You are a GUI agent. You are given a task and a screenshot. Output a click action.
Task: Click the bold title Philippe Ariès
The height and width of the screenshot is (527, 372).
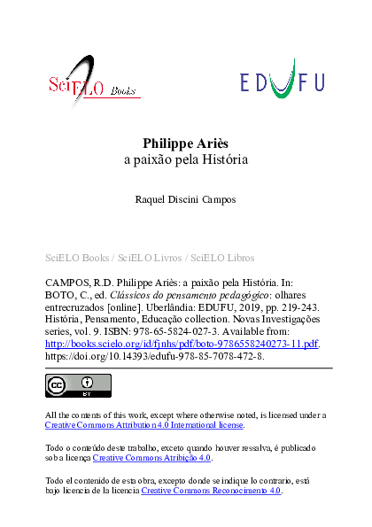coord(186,143)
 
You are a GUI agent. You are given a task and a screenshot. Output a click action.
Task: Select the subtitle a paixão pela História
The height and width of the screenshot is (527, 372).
coord(186,161)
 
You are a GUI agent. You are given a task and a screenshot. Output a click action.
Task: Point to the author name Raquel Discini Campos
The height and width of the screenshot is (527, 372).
coord(186,201)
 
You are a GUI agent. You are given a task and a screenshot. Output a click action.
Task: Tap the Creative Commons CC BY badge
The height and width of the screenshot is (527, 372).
coord(78,385)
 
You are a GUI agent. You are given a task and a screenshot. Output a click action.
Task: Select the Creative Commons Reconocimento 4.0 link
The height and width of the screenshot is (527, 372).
coord(211,490)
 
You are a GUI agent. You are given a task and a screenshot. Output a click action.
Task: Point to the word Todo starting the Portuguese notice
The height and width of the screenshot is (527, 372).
coord(55,447)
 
